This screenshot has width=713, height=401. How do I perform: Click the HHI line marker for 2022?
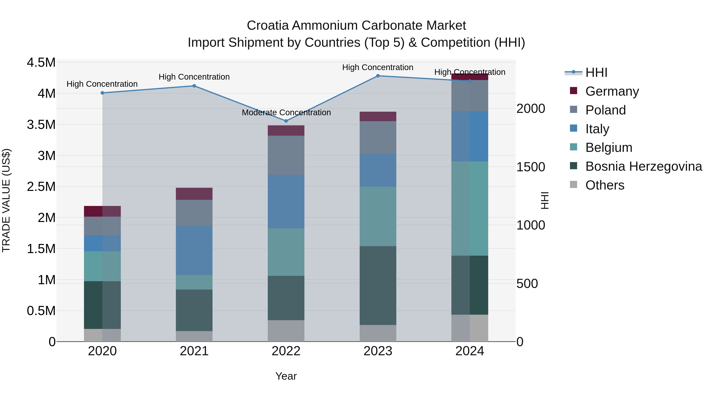pyautogui.click(x=286, y=121)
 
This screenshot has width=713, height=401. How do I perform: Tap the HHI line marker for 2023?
pyautogui.click(x=378, y=76)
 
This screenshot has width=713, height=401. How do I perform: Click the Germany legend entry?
pyautogui.click(x=612, y=91)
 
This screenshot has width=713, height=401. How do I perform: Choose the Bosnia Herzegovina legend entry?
pyautogui.click(x=643, y=166)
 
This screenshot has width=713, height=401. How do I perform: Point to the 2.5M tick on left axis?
pyautogui.click(x=41, y=187)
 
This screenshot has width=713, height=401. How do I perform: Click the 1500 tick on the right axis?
pyautogui.click(x=531, y=167)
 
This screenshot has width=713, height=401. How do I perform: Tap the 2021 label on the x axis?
pyautogui.click(x=194, y=351)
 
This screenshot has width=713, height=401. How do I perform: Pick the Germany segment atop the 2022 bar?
pyautogui.click(x=286, y=130)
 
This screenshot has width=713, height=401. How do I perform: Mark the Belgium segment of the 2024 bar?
pyautogui.click(x=470, y=208)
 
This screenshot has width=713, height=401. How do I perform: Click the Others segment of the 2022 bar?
pyautogui.click(x=286, y=331)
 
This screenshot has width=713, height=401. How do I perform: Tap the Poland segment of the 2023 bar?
pyautogui.click(x=378, y=137)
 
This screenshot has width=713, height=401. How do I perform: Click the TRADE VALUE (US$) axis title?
pyautogui.click(x=6, y=200)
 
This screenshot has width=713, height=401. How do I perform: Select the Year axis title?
pyautogui.click(x=286, y=376)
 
